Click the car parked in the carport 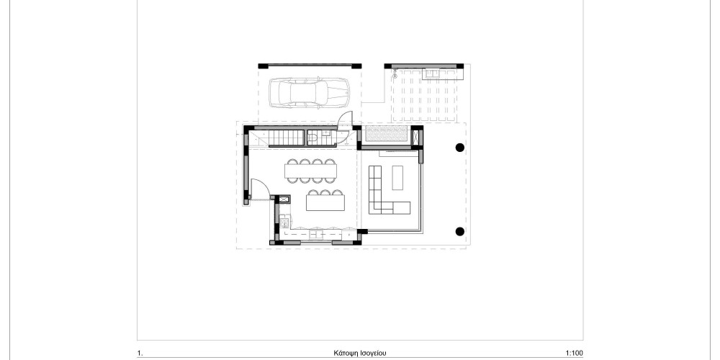click(309, 92)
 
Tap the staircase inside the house click(277, 137)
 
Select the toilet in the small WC click(312, 137)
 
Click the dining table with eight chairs click(311, 171)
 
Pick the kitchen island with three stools click(325, 200)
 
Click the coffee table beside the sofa click(397, 177)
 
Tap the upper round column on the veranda click(459, 148)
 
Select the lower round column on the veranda click(459, 231)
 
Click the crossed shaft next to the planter click(416, 137)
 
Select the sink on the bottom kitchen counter click(316, 235)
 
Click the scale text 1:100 click(575, 353)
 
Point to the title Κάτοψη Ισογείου click(360, 353)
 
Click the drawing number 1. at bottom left click(140, 353)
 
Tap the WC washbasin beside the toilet click(325, 133)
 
